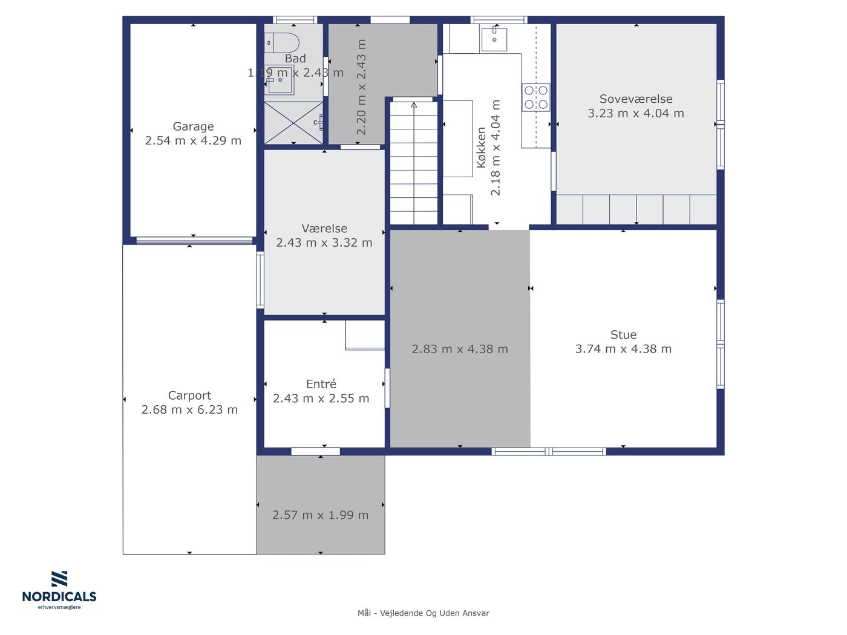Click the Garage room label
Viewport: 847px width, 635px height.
tap(193, 126)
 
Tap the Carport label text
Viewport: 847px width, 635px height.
tap(189, 396)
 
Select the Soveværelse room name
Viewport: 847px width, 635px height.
tap(635, 99)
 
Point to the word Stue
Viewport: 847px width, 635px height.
tap(623, 334)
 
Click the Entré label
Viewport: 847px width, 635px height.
tap(321, 383)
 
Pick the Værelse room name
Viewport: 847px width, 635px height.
tap(324, 228)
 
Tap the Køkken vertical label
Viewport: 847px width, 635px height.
tap(481, 148)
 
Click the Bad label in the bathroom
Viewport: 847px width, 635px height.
tap(295, 59)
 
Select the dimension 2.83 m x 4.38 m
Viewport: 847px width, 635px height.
tap(460, 349)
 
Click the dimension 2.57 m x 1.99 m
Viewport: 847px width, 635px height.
tap(320, 515)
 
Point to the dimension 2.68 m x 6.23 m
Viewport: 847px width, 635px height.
tap(189, 409)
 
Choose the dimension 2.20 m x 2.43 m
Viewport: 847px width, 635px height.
tap(361, 87)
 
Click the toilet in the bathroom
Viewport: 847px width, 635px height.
tap(282, 43)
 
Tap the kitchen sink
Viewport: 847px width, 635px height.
tap(494, 39)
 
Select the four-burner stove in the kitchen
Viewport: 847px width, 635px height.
tap(535, 97)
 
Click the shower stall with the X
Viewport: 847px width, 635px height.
tap(293, 123)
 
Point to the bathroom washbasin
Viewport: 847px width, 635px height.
tap(280, 80)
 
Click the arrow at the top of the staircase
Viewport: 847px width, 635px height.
tap(414, 105)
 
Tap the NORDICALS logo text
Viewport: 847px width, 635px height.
tap(59, 596)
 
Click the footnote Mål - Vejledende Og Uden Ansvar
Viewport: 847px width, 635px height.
tap(423, 613)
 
